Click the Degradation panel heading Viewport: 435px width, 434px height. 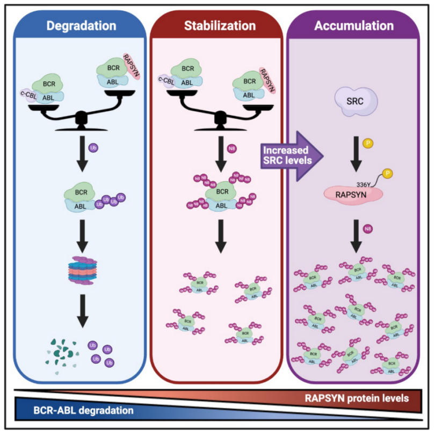pyautogui.click(x=81, y=25)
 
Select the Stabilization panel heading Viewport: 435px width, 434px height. pyautogui.click(x=220, y=25)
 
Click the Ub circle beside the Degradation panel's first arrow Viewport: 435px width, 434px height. pyautogui.click(x=99, y=146)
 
